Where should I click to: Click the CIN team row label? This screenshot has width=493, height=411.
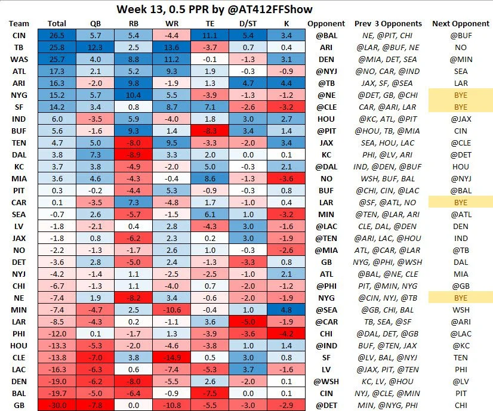[19, 35]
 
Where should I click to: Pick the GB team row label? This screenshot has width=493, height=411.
[19, 405]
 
